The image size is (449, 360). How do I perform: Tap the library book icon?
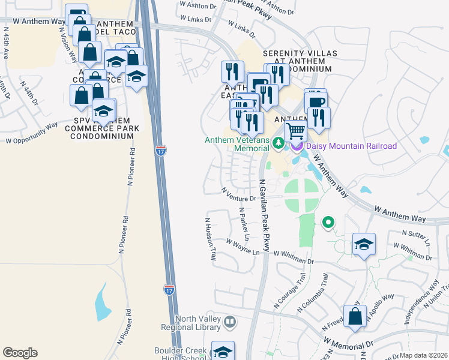point(229,323)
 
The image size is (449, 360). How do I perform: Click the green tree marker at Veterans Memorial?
point(278,143)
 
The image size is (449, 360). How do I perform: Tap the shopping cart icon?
point(295,131)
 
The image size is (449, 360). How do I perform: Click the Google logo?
point(20,353)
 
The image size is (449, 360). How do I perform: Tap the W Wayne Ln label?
point(243,247)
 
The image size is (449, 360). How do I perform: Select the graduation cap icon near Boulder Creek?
point(223,351)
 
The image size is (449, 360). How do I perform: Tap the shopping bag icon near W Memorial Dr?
point(355,317)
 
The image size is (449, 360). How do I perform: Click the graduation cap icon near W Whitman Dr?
point(364,244)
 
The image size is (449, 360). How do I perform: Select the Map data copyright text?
point(423,355)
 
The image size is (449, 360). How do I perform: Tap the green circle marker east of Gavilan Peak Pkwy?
point(328,224)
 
